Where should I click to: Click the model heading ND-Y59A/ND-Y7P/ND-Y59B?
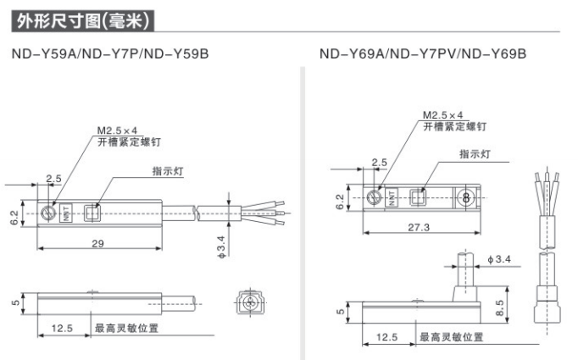[110, 55]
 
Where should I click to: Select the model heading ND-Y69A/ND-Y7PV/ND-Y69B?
[423, 55]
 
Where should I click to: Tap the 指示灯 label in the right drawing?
[476, 154]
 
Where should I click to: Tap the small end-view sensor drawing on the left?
[248, 302]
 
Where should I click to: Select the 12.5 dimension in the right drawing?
[386, 337]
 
